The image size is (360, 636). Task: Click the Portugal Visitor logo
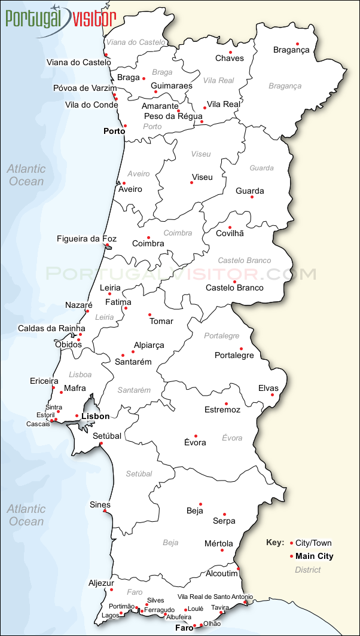(60, 18)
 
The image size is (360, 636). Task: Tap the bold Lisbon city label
(96, 416)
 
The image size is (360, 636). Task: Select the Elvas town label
(269, 388)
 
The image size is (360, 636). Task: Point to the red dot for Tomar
(150, 315)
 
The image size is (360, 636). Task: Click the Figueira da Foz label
(87, 239)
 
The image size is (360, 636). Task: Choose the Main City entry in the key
(315, 556)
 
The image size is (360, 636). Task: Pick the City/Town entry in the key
(313, 543)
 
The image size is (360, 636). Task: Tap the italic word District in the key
(308, 570)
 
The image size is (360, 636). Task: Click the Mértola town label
(219, 543)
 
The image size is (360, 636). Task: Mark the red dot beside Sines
(105, 511)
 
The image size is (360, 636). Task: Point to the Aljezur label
(101, 583)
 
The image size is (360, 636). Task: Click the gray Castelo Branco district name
(244, 261)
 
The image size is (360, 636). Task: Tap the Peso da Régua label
(173, 116)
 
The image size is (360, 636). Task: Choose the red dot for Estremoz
(226, 403)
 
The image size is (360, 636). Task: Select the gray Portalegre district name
(221, 336)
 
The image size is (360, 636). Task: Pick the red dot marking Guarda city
(252, 197)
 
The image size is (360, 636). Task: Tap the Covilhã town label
(230, 233)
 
